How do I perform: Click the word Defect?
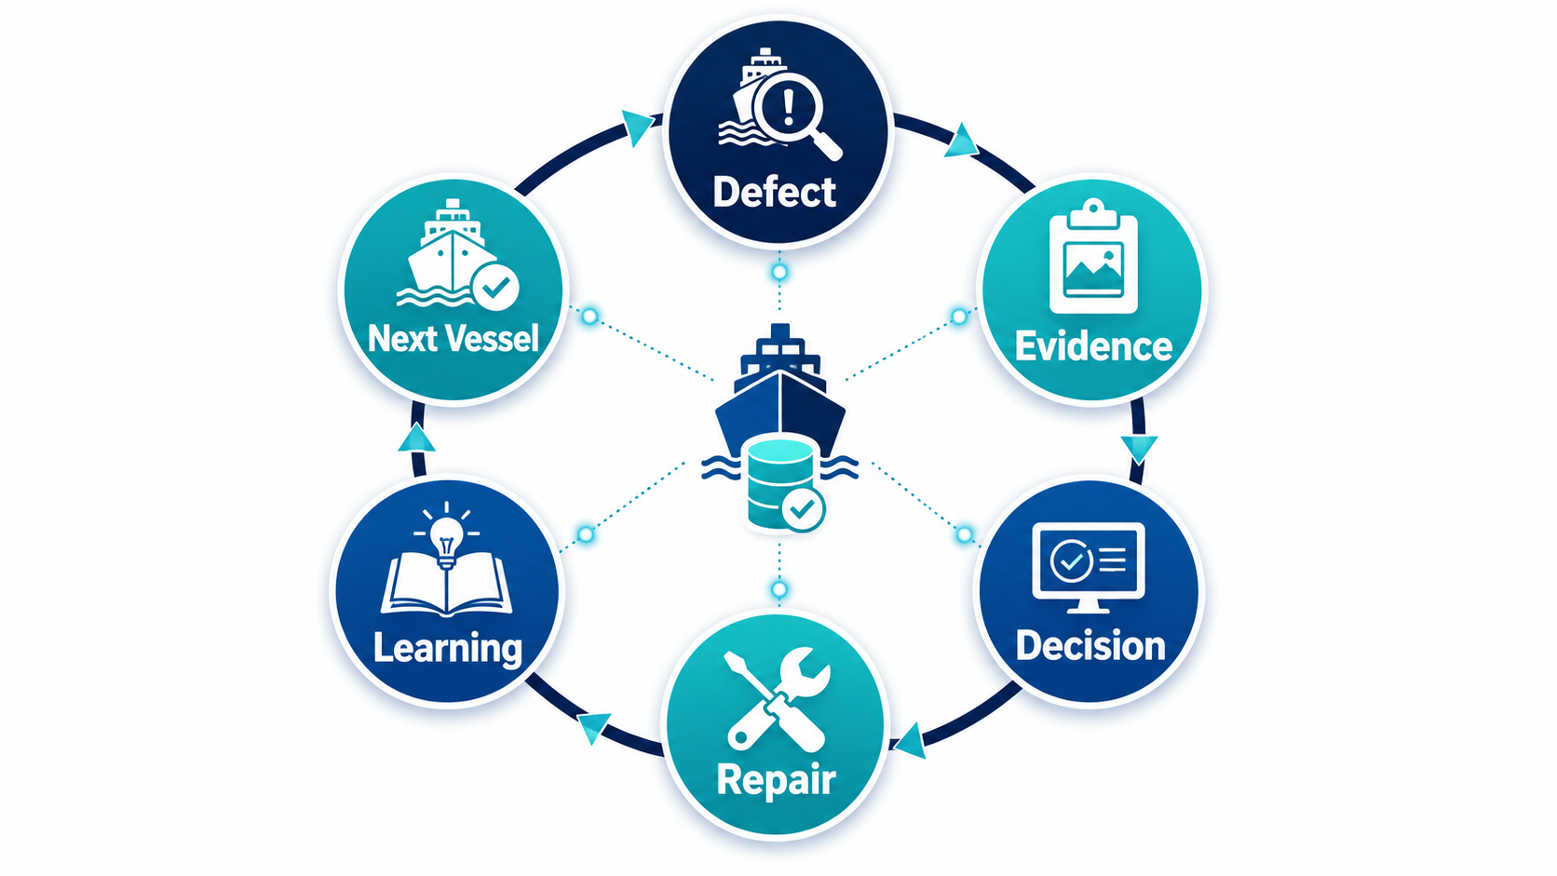coord(775,192)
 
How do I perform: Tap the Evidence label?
coord(1093,345)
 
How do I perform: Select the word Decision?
coord(1090,645)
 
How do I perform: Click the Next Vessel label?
coord(454,338)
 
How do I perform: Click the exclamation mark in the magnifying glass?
coord(788,108)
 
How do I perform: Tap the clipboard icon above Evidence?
coord(1093,256)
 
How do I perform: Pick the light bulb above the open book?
coord(446,539)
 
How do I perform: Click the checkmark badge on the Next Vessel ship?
coord(494,286)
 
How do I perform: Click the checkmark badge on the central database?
coord(803,510)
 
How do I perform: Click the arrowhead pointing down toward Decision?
coord(1139,450)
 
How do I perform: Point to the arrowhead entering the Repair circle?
coord(909,740)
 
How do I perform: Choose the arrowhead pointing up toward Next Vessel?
coord(417,438)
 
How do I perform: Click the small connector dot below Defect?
coord(779,273)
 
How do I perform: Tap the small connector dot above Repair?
coord(779,590)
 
